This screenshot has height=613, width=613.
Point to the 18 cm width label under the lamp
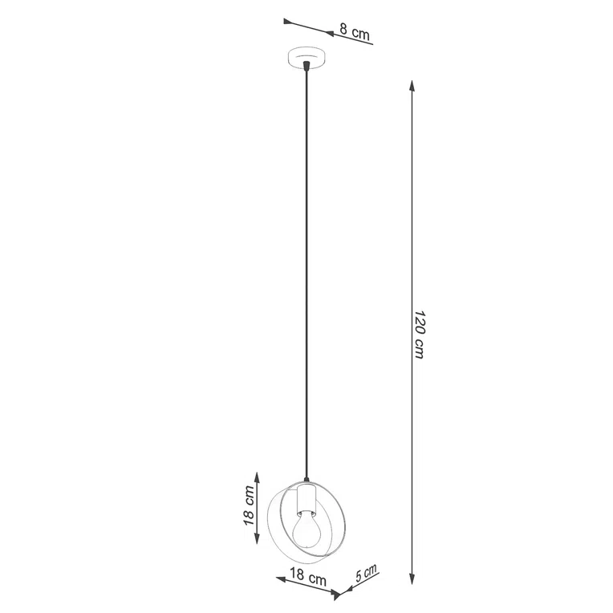click(306, 576)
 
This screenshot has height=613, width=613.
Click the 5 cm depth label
click(366, 574)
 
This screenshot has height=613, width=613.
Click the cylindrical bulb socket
click(305, 499)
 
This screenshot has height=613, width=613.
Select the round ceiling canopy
click(305, 60)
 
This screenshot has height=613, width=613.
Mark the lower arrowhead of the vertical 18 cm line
click(257, 542)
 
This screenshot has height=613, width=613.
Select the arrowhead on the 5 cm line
click(341, 595)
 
